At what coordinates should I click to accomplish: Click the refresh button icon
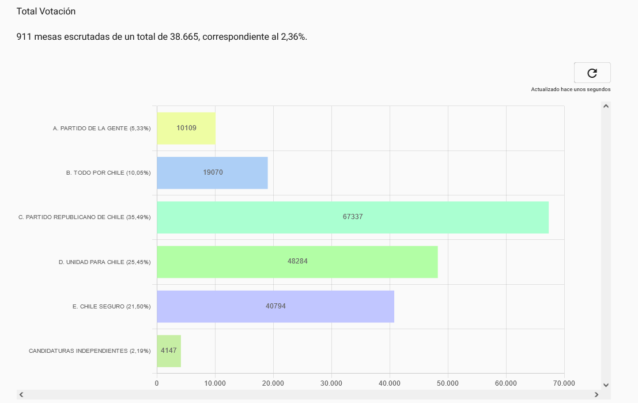coord(592,73)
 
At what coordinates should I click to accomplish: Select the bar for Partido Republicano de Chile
coord(353,217)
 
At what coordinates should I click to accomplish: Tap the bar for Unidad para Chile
coord(297,262)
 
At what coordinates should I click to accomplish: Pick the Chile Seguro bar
coord(275,307)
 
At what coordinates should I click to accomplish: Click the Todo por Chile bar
coord(213,173)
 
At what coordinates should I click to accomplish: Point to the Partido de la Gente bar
coord(186,128)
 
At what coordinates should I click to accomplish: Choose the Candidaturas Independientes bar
coord(169,351)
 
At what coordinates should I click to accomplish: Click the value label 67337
coord(353,217)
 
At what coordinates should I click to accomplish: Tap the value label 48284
coord(297,261)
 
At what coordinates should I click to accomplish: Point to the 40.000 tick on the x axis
coord(390,383)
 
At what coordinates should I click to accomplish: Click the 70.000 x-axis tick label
coord(564,383)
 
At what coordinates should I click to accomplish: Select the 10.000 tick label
coord(215,383)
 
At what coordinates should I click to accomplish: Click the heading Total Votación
coord(46,12)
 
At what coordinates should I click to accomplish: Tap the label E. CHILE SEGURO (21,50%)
coord(111,307)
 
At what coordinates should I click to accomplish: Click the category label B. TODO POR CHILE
coord(96,172)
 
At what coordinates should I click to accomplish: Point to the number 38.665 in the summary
coord(184,37)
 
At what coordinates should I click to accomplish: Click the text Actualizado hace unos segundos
coord(571,89)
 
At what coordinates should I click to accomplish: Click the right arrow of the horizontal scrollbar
coord(597,394)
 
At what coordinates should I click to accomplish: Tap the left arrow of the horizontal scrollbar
coord(21,394)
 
